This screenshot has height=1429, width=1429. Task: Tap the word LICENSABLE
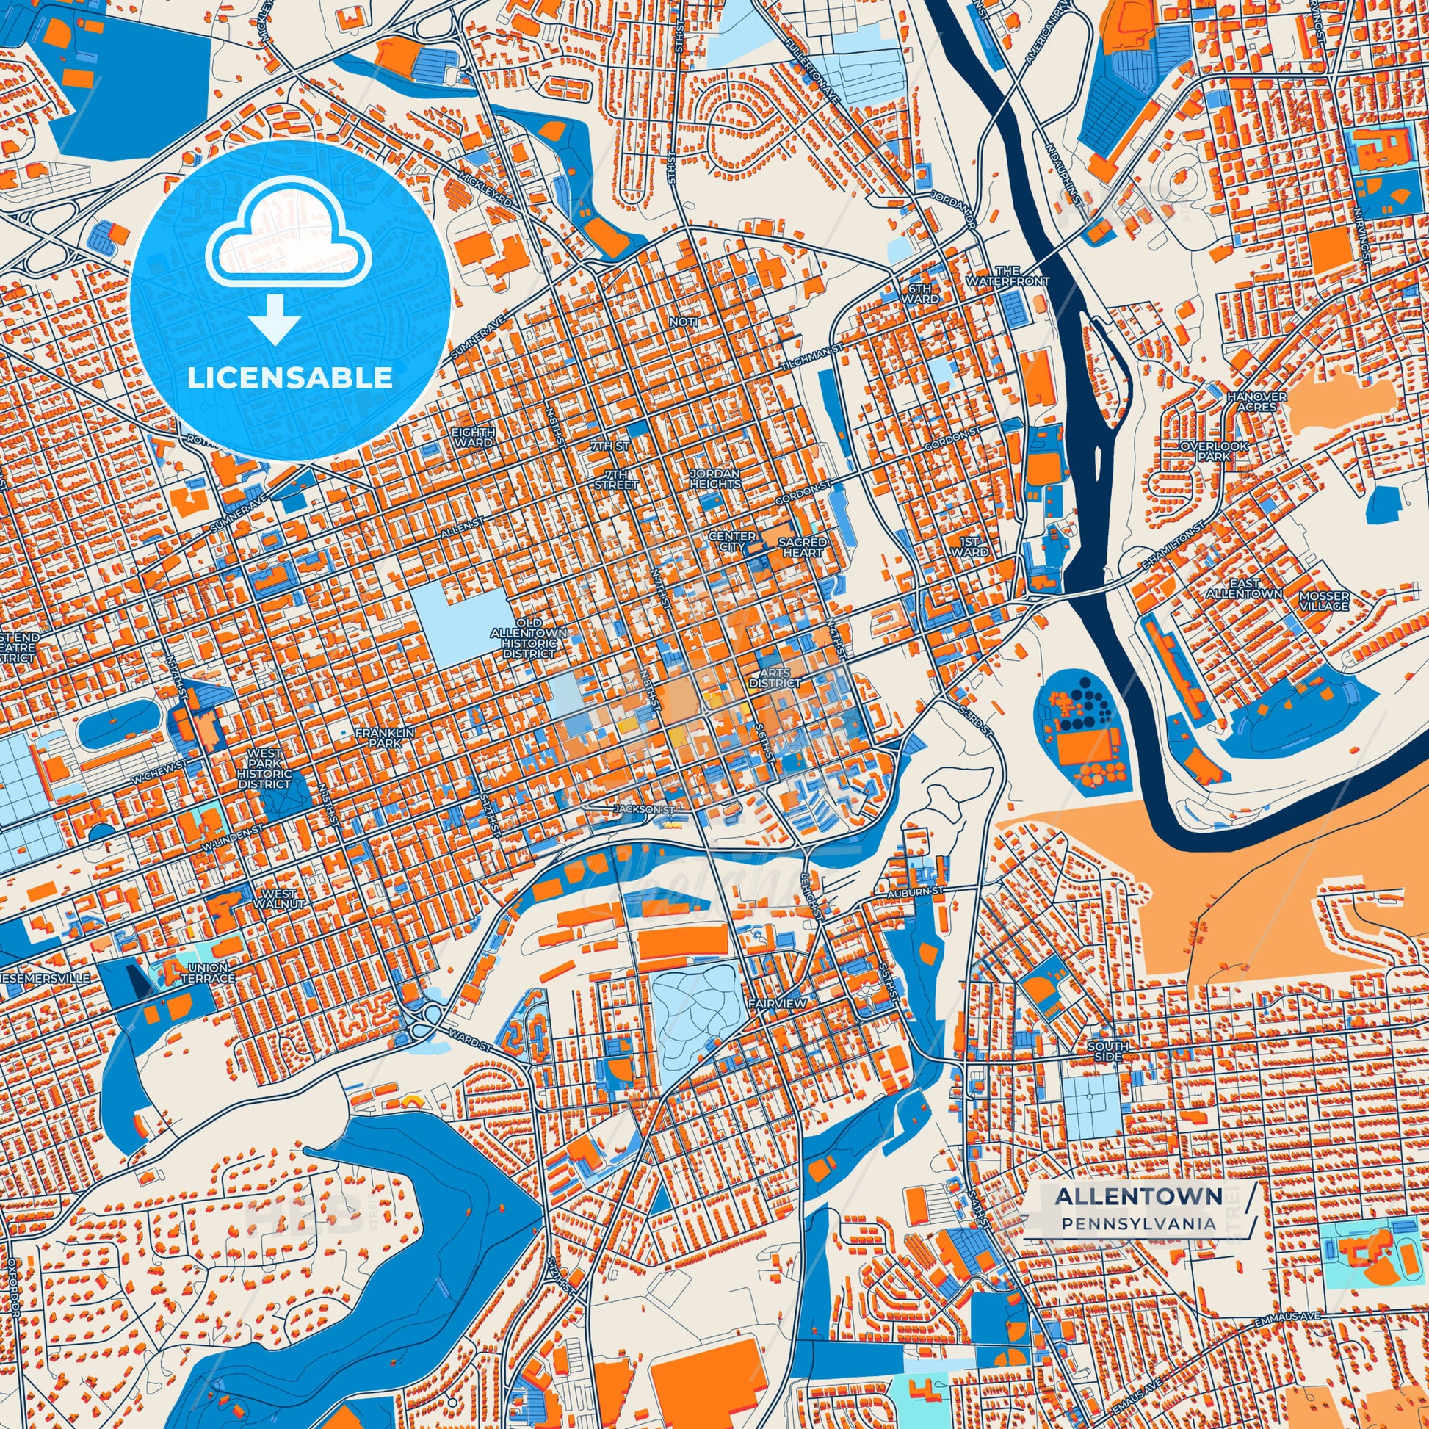coord(290,378)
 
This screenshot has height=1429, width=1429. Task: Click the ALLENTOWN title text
coord(1137,1195)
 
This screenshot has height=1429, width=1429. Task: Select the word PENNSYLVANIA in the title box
coord(1138,1223)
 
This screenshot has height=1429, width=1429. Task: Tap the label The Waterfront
coord(1007,276)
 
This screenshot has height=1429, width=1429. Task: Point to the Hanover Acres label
coord(1256,402)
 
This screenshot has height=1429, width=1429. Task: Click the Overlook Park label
coord(1214,451)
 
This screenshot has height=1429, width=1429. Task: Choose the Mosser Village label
coord(1324,601)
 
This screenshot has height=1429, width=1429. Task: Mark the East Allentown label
coord(1244,589)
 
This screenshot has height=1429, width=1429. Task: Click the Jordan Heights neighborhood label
coord(715,478)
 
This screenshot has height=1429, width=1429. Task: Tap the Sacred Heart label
coord(803,546)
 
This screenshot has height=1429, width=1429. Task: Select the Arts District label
coord(775,678)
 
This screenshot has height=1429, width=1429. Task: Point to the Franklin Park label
coord(385,737)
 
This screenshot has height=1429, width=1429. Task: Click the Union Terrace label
coord(208,973)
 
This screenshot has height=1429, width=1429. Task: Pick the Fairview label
coord(776,1003)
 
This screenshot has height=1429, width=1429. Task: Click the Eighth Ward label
coord(474,436)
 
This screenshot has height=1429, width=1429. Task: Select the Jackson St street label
coord(644,810)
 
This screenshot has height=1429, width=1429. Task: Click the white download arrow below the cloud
coord(275,319)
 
